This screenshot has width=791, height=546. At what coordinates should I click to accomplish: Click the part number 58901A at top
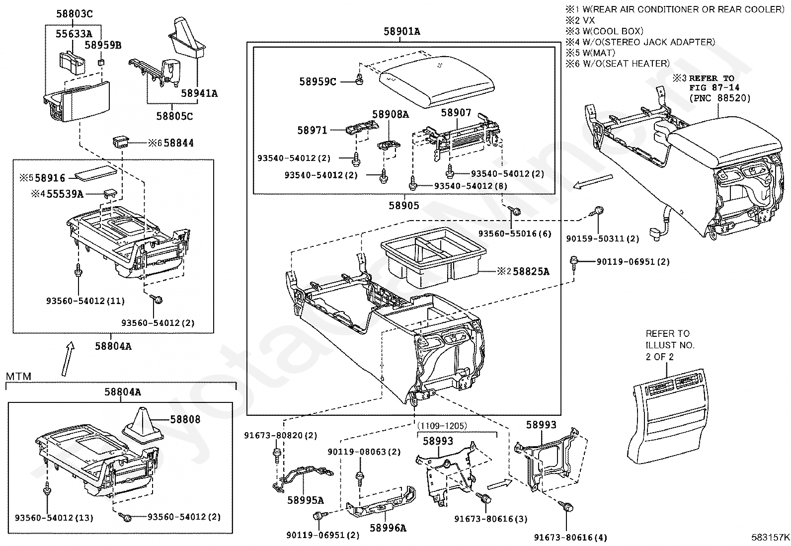tap(402, 31)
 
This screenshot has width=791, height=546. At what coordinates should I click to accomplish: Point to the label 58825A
tap(531, 271)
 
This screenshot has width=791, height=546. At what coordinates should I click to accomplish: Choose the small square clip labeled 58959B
tap(101, 63)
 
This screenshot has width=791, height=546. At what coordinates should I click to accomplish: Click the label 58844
tap(179, 143)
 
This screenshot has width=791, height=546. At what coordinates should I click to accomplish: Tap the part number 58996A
tap(388, 528)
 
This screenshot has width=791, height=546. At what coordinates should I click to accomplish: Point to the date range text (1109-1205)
tap(442, 426)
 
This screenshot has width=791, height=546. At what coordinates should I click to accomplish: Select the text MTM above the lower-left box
tap(18, 376)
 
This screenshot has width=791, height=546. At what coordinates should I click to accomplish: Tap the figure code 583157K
tap(770, 537)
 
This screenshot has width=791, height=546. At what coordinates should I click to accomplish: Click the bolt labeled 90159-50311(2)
tap(597, 212)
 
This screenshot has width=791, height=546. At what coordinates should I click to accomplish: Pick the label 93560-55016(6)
tap(515, 234)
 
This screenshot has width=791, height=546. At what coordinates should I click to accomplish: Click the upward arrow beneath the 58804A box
tap(69, 359)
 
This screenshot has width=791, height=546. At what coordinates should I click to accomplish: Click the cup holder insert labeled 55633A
tap(72, 63)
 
